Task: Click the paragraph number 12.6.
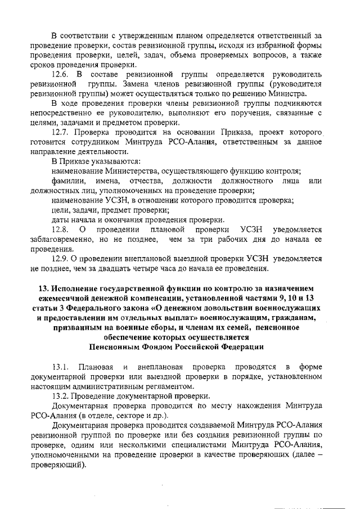click(60, 74)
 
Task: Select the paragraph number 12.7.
click(60, 131)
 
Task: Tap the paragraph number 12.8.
click(60, 229)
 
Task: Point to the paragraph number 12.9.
click(60, 258)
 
